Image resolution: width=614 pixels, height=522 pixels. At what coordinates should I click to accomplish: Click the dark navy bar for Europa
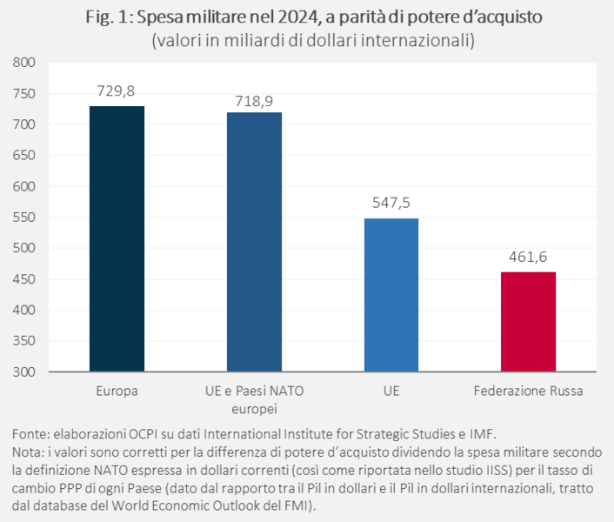pyautogui.click(x=117, y=238)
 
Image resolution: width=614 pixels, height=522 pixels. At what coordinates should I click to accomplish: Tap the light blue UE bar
pyautogui.click(x=391, y=295)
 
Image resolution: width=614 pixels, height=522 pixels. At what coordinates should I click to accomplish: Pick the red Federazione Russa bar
pyautogui.click(x=528, y=321)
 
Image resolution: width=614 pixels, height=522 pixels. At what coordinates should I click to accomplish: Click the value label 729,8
pyautogui.click(x=117, y=91)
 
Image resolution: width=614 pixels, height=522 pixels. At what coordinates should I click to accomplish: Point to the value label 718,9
pyautogui.click(x=254, y=101)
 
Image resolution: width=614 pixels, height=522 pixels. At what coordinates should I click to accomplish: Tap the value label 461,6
pyautogui.click(x=528, y=257)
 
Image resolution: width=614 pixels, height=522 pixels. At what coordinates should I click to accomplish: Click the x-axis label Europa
pyautogui.click(x=117, y=391)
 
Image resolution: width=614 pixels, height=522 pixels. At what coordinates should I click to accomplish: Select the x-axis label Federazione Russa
pyautogui.click(x=528, y=391)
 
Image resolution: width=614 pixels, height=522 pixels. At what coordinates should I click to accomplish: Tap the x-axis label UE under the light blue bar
pyautogui.click(x=391, y=391)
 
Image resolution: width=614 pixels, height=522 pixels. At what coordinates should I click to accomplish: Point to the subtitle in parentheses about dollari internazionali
pyautogui.click(x=307, y=40)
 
